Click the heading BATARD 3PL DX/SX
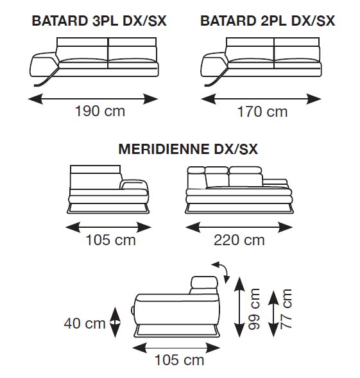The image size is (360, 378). tap(99, 21)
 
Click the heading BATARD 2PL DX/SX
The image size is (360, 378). tap(268, 21)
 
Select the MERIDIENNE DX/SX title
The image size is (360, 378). tap(188, 149)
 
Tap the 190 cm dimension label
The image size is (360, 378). tap(100, 111)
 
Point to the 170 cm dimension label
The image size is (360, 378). tap(262, 112)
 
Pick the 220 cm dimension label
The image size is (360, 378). tap(239, 240)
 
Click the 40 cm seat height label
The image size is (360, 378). tap(85, 323)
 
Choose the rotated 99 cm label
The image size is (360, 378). tap(254, 309)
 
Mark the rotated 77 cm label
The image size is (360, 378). tap(286, 309)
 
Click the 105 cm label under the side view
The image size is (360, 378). tap(180, 360)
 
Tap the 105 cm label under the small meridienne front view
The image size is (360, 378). tap(110, 240)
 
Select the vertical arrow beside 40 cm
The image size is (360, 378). tap(115, 322)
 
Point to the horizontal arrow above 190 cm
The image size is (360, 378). tap(93, 99)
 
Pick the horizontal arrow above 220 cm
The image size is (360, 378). tap(239, 227)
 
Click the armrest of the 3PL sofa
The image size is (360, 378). tap(44, 64)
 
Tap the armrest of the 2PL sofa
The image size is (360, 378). tap(214, 64)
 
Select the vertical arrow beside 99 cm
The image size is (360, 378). tap(239, 307)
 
